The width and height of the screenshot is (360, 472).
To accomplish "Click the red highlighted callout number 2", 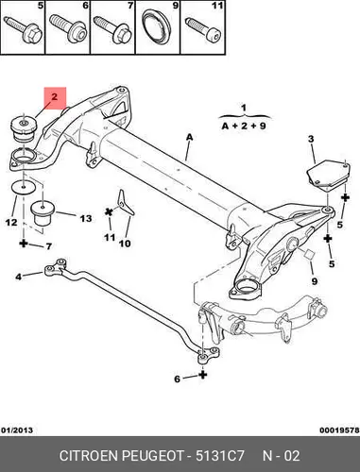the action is tap(55, 96).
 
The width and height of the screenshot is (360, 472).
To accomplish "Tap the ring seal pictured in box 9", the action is tap(158, 27).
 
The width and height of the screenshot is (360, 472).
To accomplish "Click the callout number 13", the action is tap(86, 218).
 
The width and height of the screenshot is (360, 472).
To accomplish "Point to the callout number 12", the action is tap(11, 223).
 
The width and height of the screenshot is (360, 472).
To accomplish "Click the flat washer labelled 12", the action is tap(24, 188).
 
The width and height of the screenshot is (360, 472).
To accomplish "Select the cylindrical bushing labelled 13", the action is tap(43, 213).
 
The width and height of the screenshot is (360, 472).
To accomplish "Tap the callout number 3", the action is tap(311, 139).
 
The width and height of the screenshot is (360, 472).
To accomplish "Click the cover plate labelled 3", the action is tap(328, 175).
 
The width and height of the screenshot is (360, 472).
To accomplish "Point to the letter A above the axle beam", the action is tap(189, 137).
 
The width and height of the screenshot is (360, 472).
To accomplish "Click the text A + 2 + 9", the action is tap(244, 126).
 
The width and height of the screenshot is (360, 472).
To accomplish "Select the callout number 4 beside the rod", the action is tap(19, 277).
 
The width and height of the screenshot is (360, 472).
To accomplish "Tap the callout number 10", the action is tap(125, 243).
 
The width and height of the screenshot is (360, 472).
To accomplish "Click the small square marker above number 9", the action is tap(309, 254).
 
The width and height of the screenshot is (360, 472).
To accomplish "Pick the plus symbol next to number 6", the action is tap(203, 375).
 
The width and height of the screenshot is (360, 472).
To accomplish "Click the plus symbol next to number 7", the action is tap(24, 243).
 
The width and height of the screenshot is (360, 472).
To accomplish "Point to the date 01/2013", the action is tap(17, 430).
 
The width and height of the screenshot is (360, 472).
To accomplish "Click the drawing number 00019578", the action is tap(339, 430).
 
